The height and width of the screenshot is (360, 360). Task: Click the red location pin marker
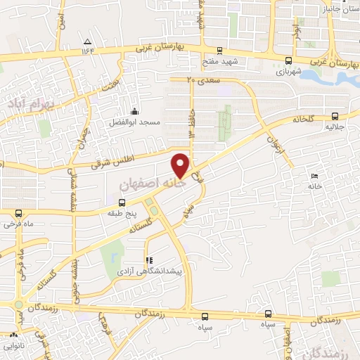coord(181,165)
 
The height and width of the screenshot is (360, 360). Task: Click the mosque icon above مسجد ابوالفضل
coord(134,111)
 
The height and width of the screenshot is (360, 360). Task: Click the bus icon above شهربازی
coord(288,60)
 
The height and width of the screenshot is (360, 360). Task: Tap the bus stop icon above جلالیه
coord(334,117)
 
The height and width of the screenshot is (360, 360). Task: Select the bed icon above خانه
coord(314,176)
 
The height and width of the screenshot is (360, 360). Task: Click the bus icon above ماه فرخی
coord(18,213)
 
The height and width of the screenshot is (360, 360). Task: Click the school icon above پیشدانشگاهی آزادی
coord(148,259)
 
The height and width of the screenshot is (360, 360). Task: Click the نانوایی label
coord(14,345)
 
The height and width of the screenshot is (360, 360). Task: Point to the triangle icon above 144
coord(87,41)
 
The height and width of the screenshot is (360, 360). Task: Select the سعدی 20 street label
coord(205,82)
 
